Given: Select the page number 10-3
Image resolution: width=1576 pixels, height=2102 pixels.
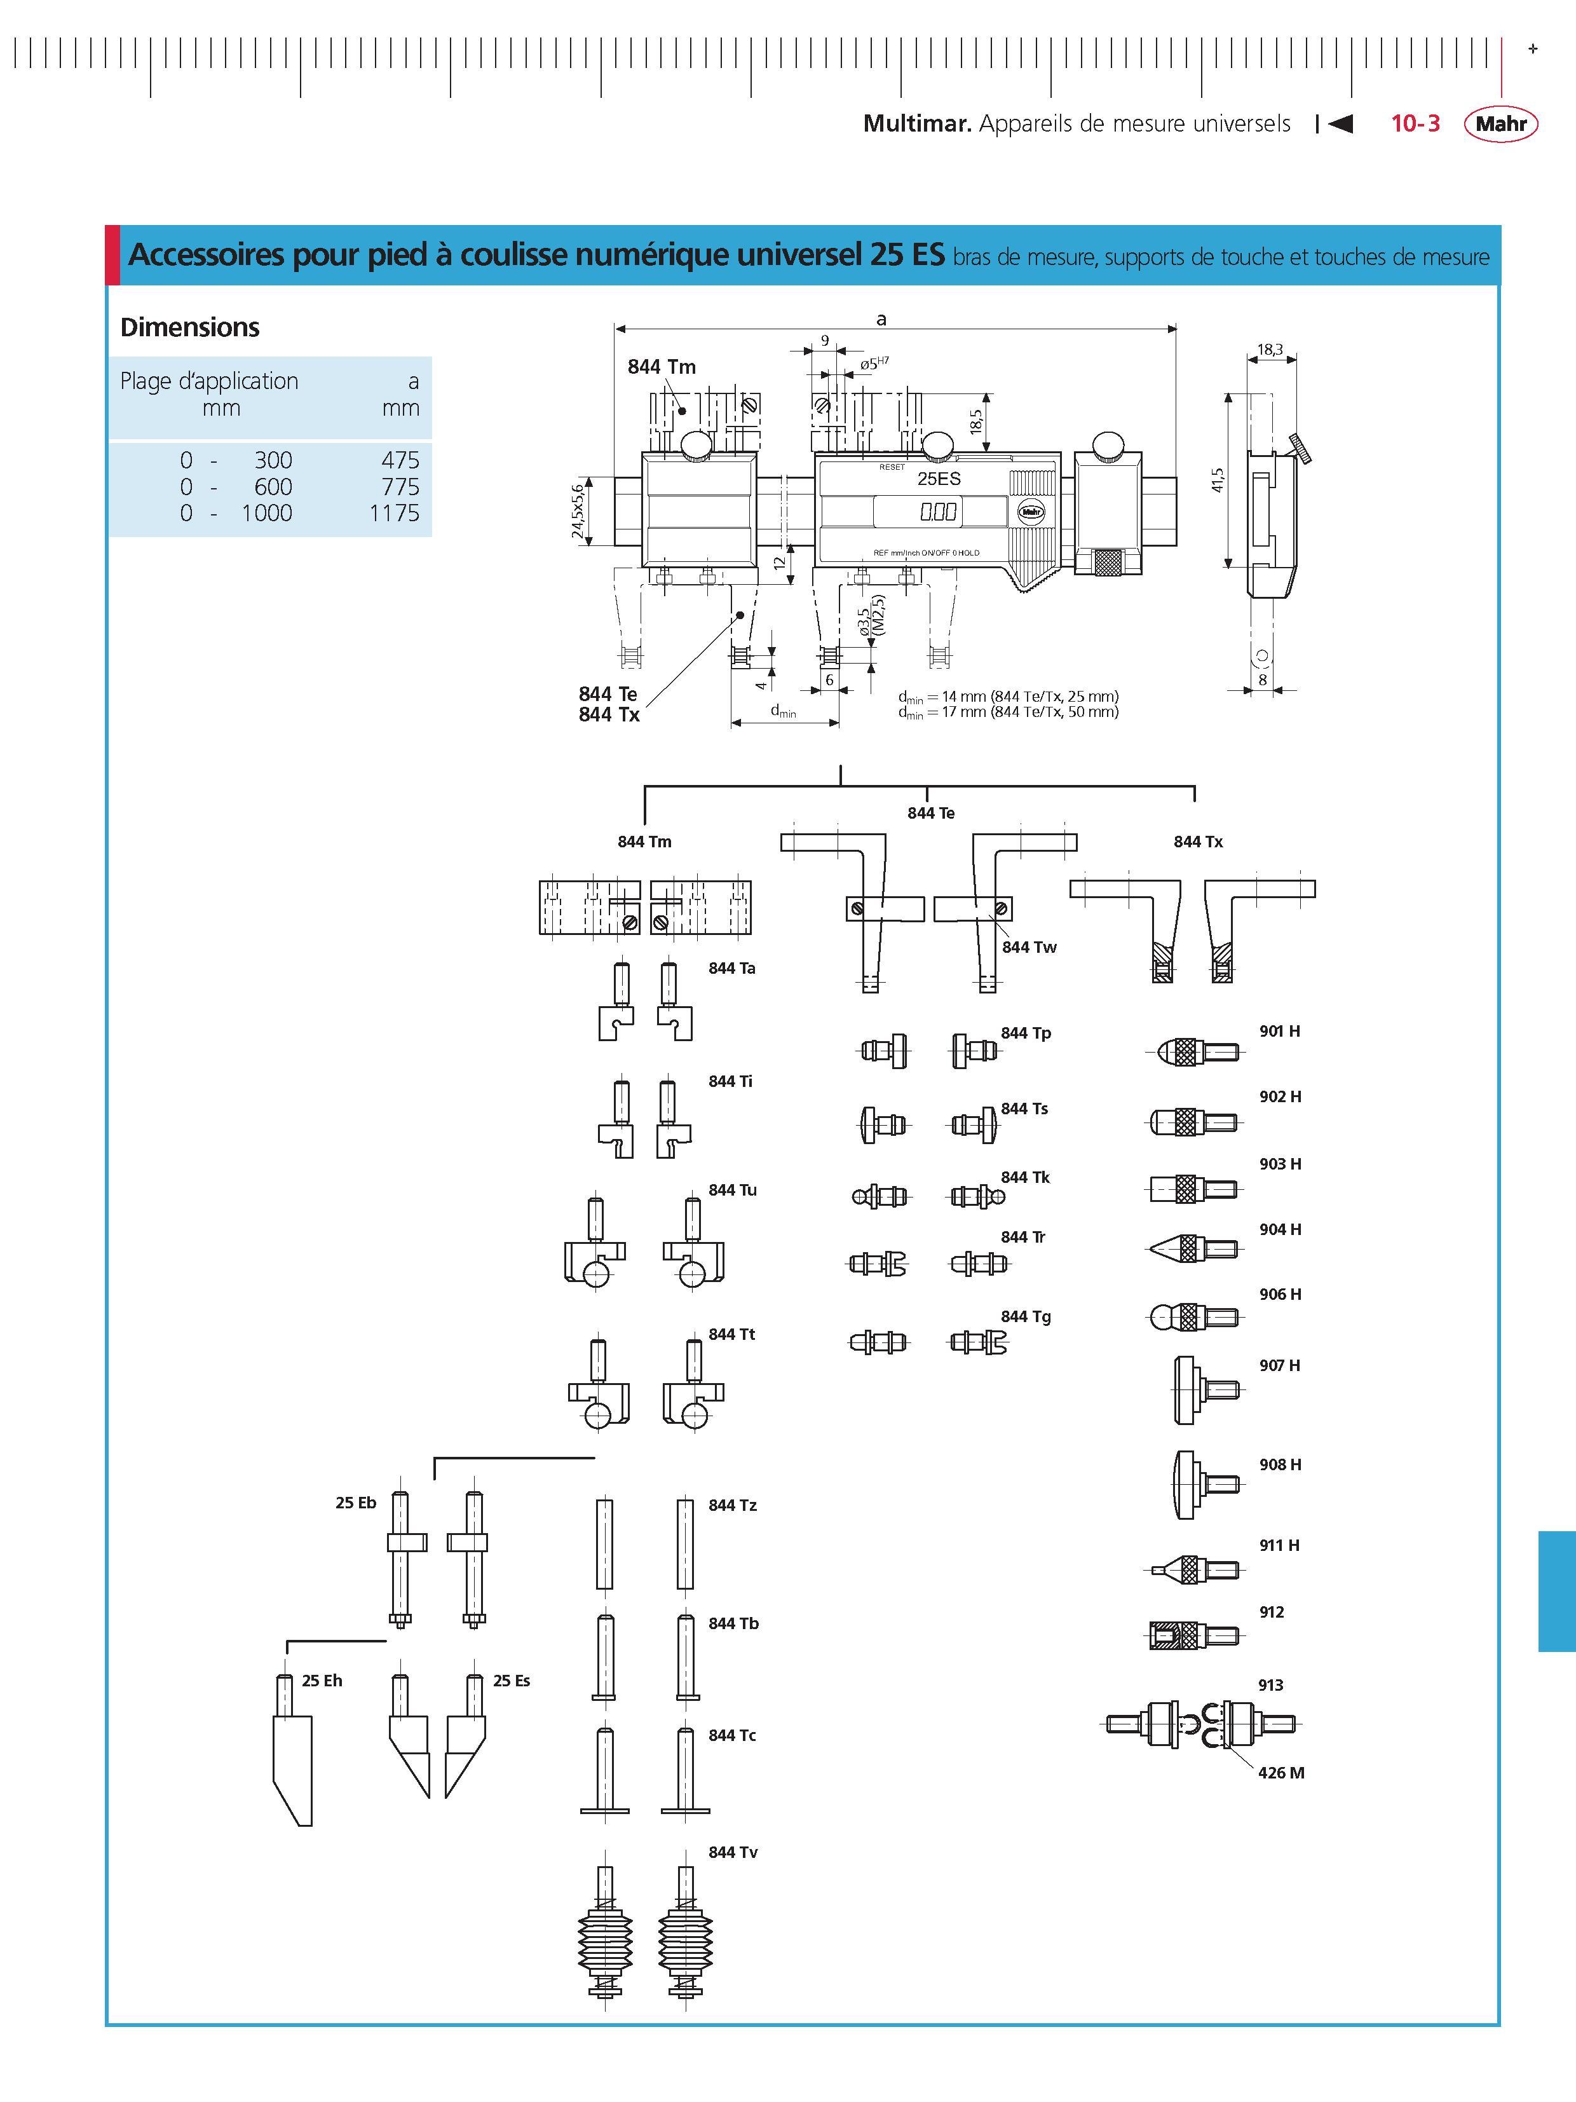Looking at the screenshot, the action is [x=1415, y=123].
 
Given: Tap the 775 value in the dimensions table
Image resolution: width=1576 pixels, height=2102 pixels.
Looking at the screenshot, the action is [x=400, y=486].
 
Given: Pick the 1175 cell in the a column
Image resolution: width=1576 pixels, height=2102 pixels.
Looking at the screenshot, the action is [x=394, y=513].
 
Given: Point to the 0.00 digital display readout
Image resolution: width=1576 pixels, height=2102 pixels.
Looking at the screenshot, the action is [x=937, y=512].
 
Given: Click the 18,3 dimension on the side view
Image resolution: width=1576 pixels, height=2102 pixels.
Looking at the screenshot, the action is [x=1270, y=350].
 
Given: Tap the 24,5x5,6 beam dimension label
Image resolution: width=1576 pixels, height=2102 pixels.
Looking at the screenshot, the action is [x=578, y=510].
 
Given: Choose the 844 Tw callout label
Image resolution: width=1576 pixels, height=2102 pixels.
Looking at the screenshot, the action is [x=1029, y=948].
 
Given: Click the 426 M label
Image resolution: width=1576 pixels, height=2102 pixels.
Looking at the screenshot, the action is [x=1280, y=1772].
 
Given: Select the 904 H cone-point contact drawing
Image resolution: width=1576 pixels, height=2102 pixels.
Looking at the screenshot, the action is [x=1194, y=1248].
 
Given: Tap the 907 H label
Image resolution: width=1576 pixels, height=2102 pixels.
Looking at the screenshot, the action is [x=1280, y=1365].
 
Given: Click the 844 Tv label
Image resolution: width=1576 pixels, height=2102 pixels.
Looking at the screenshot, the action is [x=733, y=1852].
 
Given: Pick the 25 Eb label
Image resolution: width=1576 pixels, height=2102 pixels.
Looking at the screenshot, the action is [x=355, y=1503].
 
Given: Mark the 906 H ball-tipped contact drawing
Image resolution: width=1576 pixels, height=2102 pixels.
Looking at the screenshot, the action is [x=1193, y=1317].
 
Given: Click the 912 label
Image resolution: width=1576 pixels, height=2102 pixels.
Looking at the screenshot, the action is [x=1271, y=1612].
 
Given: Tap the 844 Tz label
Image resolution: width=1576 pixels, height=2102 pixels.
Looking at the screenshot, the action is [x=733, y=1505].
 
